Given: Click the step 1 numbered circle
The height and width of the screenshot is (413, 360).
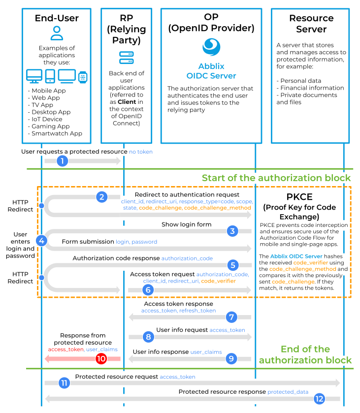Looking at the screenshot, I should click(62, 161).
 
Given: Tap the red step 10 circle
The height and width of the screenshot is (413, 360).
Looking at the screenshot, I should click(101, 359).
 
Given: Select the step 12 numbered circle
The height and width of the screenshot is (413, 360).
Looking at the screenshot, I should click(320, 399).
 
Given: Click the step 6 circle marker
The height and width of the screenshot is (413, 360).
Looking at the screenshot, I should click(147, 290).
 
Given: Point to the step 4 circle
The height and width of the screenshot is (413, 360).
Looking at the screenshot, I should click(42, 241).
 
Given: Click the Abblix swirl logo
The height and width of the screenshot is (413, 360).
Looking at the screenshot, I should click(211, 48).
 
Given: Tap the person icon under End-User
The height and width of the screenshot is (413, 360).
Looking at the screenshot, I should click(57, 33).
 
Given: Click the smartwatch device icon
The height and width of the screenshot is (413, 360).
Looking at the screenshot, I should click(83, 76).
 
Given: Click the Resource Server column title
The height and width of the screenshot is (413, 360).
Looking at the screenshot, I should click(311, 24).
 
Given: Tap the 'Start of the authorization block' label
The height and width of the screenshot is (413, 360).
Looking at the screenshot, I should click(276, 178).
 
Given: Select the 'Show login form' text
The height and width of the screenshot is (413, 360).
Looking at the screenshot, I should click(186, 224).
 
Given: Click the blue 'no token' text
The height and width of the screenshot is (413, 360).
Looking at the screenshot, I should click(141, 152).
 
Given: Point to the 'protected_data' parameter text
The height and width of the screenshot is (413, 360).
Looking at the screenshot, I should click(288, 392).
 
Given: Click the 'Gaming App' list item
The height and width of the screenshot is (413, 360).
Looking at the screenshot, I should click(50, 126).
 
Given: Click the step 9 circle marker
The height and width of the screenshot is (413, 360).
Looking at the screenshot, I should click(232, 359).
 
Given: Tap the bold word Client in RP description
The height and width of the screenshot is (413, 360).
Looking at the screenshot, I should click(127, 102).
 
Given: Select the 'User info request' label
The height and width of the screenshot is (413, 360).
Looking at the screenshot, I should click(182, 330).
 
